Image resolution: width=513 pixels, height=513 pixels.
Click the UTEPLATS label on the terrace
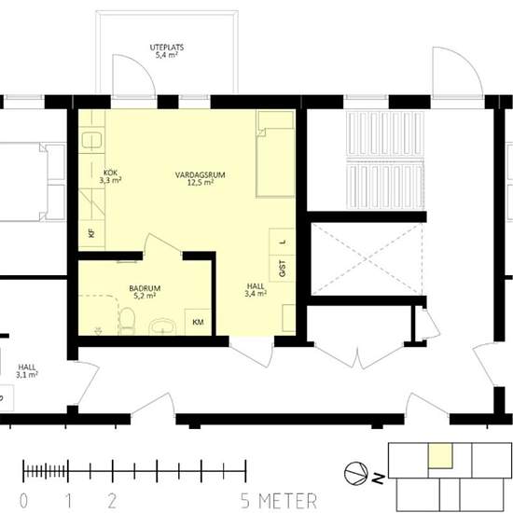coord(167,48)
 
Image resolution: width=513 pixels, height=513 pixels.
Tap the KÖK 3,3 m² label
coord(111,176)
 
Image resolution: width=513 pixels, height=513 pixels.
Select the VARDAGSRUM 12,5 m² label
coord(201,179)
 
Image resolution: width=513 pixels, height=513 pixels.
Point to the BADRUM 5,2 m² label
coord(145,292)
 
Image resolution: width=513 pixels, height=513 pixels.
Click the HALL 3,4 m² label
coord(256,290)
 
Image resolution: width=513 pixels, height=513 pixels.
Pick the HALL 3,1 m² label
coord(27,371)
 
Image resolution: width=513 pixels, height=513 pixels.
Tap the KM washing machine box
coord(198,322)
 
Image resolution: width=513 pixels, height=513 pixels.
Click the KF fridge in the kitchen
coord(91,233)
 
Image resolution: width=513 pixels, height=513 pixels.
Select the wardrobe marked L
coord(282,242)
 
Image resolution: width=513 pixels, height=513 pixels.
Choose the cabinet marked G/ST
coord(282,269)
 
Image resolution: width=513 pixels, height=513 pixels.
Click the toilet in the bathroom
coord(127,321)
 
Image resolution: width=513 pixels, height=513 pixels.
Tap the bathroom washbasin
coord(162,326)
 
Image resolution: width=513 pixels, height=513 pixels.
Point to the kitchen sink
coord(91,140)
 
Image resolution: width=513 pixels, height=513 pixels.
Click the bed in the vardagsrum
coord(275,154)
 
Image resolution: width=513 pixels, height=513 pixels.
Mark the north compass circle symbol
coord(356,473)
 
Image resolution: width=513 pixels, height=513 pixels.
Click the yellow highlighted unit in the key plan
coord(440,456)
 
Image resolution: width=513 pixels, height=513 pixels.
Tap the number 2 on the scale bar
coord(112,501)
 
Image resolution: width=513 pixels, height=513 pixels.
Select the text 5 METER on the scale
coord(279,501)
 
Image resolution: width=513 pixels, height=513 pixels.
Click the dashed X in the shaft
coord(367,259)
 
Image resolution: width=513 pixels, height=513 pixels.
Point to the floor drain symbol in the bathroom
coord(98,331)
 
